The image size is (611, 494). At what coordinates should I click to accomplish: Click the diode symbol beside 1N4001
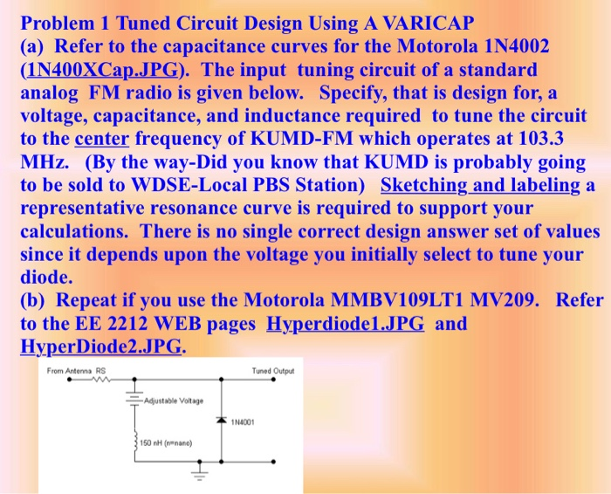click(x=222, y=421)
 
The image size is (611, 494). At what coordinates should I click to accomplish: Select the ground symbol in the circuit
click(x=196, y=475)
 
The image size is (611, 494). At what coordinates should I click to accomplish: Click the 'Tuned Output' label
click(x=273, y=371)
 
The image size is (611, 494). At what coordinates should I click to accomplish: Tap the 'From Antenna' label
click(x=70, y=371)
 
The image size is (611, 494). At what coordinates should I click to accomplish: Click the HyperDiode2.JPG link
click(x=101, y=346)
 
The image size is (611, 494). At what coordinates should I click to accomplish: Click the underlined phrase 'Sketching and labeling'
click(x=482, y=186)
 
